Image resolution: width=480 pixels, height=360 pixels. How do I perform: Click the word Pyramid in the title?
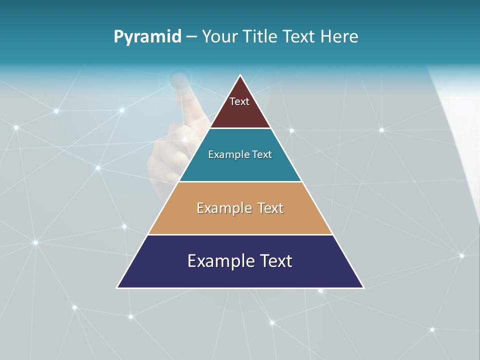coord(147,37)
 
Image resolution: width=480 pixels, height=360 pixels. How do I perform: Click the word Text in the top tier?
coord(239,101)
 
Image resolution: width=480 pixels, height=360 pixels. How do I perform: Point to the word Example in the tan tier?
coord(222,208)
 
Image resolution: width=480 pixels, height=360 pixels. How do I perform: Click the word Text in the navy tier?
coord(273,261)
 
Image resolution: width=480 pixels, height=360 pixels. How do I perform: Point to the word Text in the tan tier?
coord(270,208)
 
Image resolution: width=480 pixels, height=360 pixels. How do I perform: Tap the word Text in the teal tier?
coord(262,155)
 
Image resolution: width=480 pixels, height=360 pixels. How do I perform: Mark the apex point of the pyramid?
coord(240,75)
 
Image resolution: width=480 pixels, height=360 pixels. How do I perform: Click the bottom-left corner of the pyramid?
coord(117,287)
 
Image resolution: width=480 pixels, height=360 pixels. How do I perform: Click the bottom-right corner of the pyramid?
coord(363,287)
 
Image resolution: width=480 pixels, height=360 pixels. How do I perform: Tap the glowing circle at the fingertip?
coord(179,79)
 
